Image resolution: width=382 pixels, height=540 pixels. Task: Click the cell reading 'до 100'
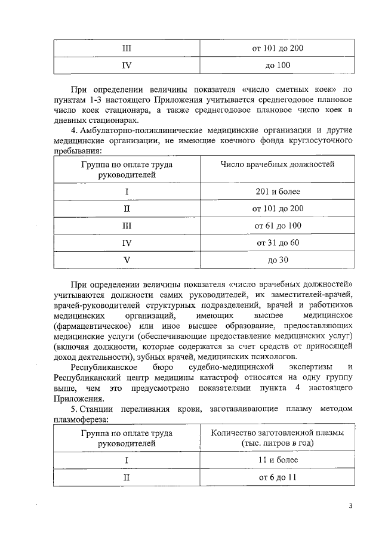tap(278, 65)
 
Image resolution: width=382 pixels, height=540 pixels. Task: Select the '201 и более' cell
tap(278, 192)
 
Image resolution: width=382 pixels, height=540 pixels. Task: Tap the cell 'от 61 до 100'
tap(278, 226)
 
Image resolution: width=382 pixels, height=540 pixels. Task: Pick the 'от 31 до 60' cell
tap(278, 243)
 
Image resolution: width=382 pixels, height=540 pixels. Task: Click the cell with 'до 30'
tap(278, 260)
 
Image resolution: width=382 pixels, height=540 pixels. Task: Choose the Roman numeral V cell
tap(127, 260)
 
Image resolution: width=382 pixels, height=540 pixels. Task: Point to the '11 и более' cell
tap(278, 461)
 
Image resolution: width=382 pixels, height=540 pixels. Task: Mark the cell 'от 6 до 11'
tap(278, 478)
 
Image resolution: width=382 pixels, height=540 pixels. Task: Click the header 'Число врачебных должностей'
tap(278, 164)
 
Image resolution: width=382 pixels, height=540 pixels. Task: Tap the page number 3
tap(350, 507)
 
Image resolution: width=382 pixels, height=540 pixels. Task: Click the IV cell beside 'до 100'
tap(127, 65)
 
